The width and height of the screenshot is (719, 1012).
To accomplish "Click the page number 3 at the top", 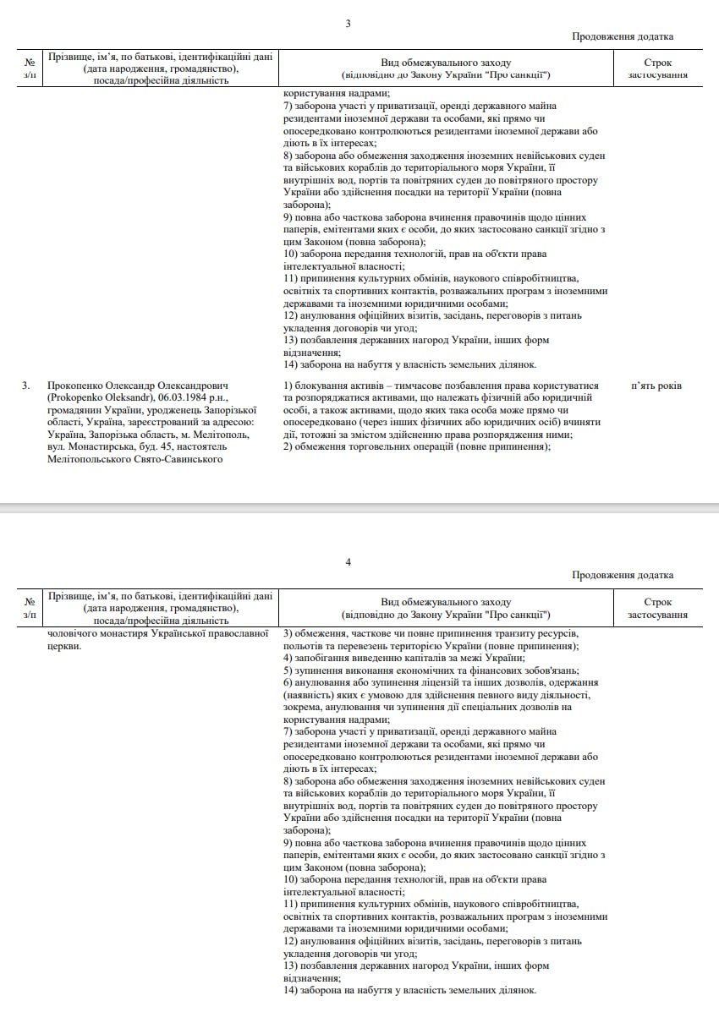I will pos(348,23).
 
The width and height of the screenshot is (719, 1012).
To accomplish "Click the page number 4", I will pos(348,561).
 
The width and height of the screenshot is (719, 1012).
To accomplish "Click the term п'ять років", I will pos(656,386).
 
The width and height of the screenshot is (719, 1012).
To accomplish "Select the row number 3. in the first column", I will pos(26,386).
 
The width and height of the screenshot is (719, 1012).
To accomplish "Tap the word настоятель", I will pos(199,446).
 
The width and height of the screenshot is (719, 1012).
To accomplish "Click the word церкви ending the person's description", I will pos(64,646).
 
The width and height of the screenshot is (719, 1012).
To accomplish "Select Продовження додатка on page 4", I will pos(623,575).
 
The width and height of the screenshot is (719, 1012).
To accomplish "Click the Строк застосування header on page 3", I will pos(657,68).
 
